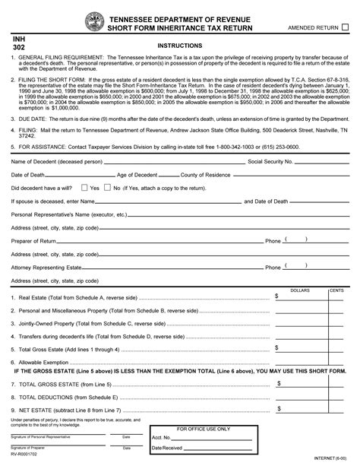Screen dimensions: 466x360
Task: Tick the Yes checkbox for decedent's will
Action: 84,187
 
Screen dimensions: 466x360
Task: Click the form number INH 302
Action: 19,41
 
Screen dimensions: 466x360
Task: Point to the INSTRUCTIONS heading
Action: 179,46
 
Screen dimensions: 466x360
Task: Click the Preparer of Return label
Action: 34,241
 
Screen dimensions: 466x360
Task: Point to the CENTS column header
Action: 336,290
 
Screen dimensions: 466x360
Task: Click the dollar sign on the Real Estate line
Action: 277,296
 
